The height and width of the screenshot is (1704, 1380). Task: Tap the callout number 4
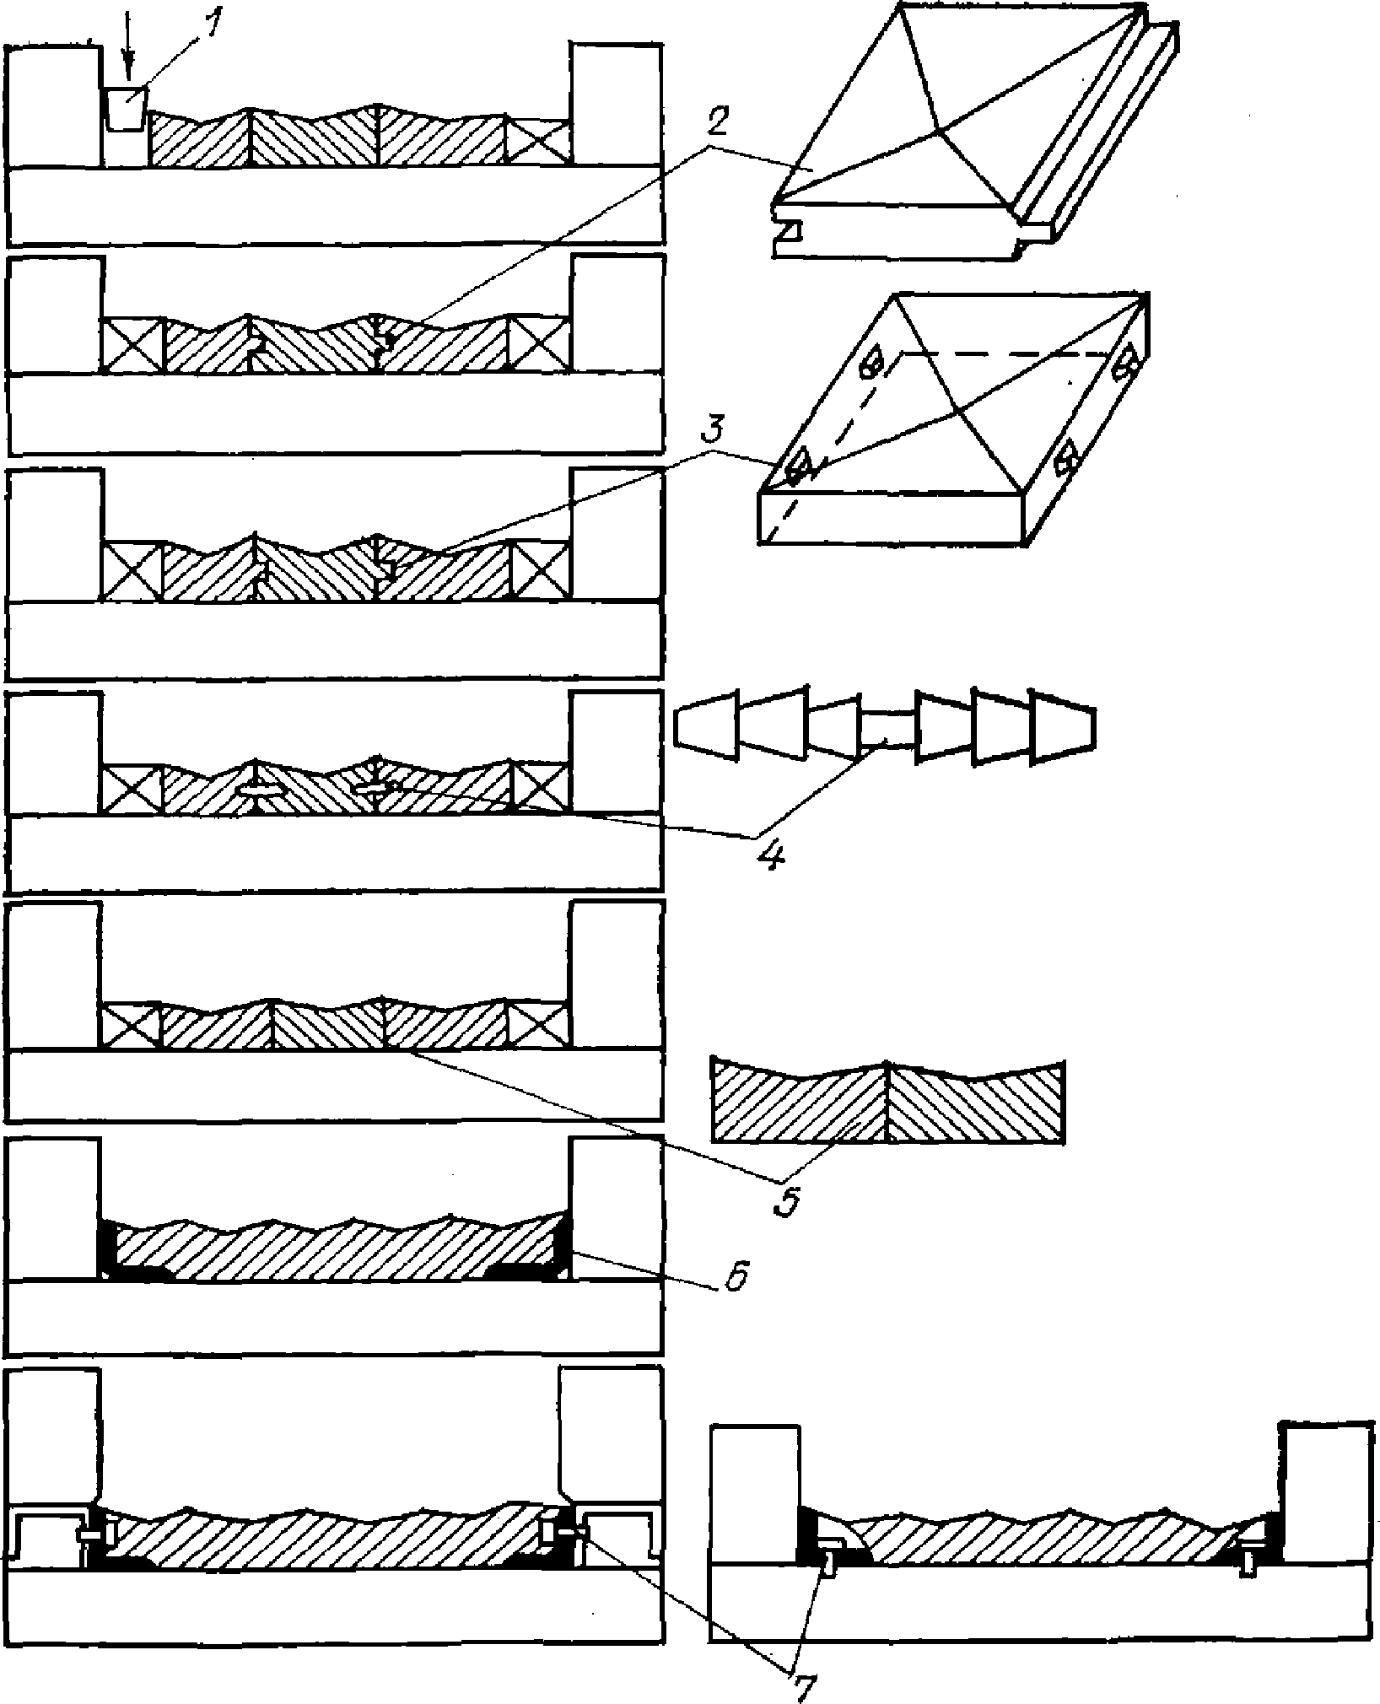click(x=769, y=854)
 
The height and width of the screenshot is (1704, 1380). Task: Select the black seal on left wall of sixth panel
click(x=108, y=1248)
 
